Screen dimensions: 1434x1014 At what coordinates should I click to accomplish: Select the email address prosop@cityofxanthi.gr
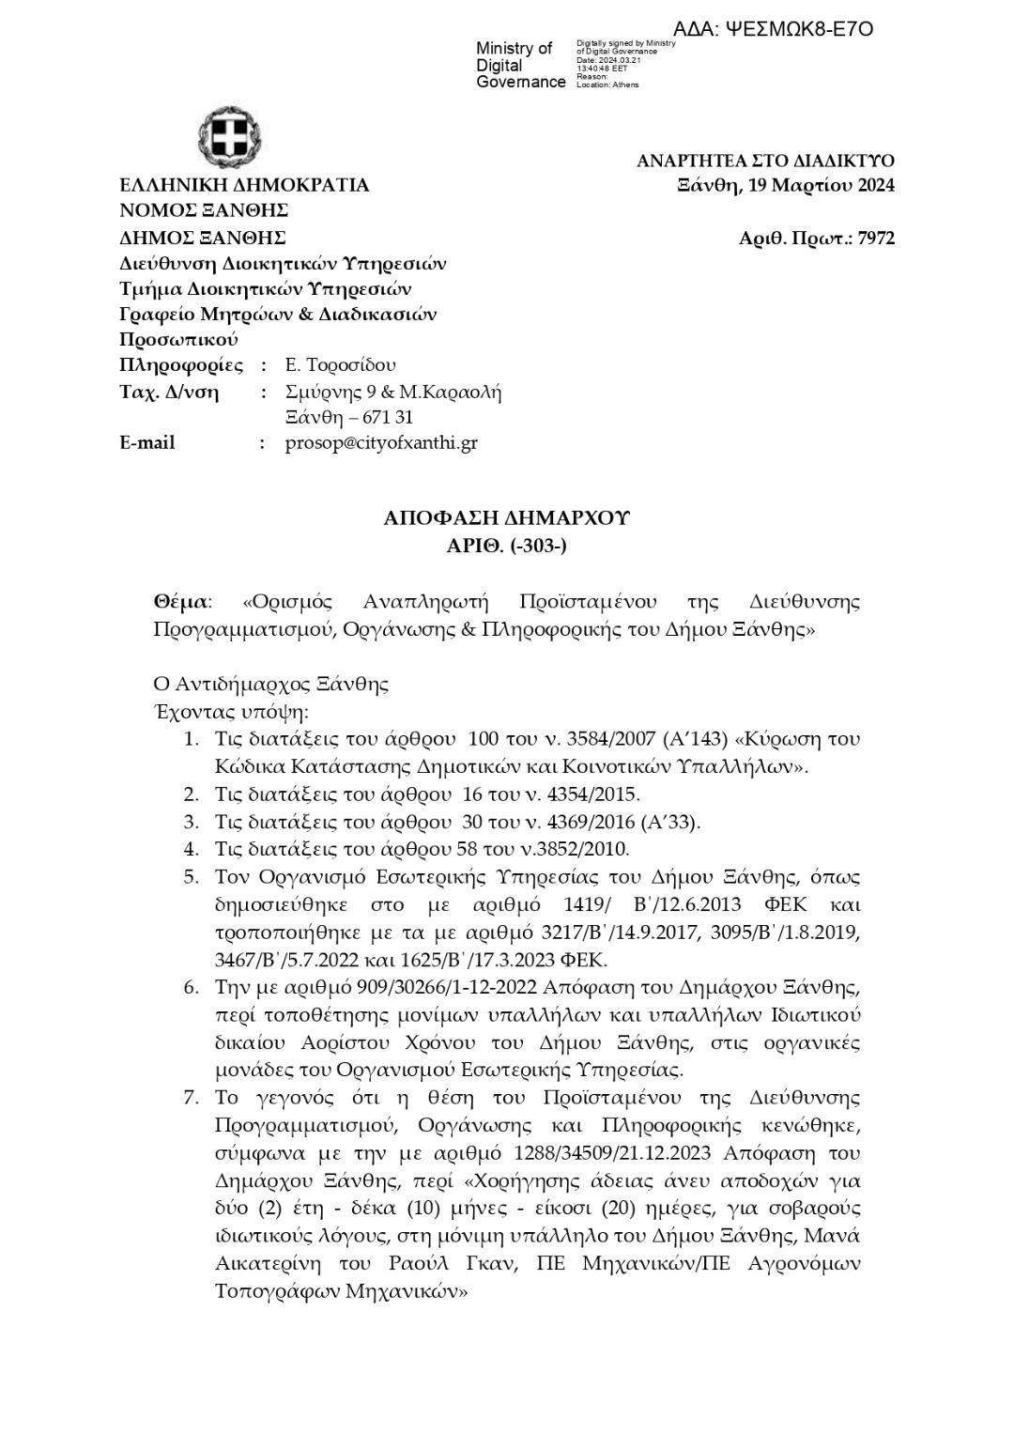click(x=381, y=442)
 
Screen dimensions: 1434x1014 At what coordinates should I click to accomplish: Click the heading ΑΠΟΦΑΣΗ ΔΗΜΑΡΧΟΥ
click(x=507, y=518)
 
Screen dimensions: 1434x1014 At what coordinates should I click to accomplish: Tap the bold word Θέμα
click(x=181, y=601)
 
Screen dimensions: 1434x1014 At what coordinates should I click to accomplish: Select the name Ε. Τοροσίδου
click(x=340, y=364)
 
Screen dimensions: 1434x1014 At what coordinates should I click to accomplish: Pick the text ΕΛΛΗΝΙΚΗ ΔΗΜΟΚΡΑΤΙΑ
click(x=244, y=185)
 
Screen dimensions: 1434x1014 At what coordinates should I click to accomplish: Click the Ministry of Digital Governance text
click(x=520, y=65)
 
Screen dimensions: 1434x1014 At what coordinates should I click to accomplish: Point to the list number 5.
click(x=192, y=877)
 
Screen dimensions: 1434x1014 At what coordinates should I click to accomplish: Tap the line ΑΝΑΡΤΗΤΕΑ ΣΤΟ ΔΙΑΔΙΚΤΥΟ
click(x=765, y=161)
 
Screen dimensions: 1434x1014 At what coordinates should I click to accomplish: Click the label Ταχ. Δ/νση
click(x=169, y=392)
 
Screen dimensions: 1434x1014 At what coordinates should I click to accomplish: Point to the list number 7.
click(x=192, y=1098)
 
